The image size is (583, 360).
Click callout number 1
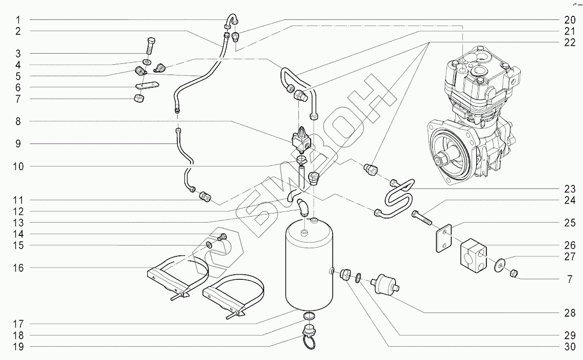[x=17, y=19]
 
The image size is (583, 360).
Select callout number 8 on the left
[x=17, y=121]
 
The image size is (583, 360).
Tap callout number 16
[x=17, y=268]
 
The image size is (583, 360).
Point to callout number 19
[x=17, y=347]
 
